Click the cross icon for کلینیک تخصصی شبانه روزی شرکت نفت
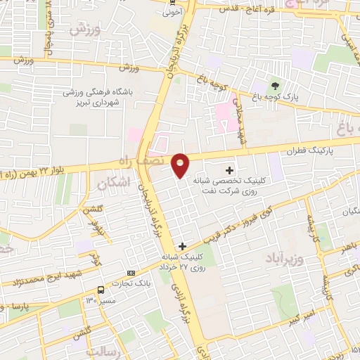click(x=230, y=169)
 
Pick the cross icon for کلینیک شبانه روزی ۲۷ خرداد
click(x=183, y=246)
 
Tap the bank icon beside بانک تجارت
click(x=131, y=274)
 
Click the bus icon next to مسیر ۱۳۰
click(x=101, y=290)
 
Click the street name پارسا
click(x=21, y=307)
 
